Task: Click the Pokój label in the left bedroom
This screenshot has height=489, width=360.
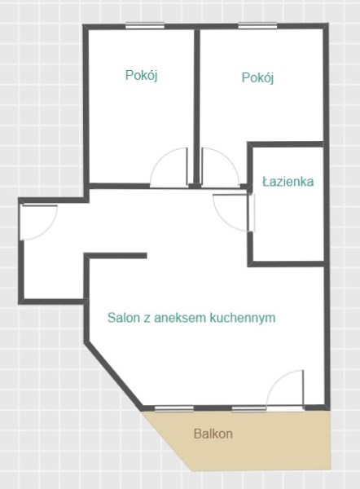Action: [141, 75]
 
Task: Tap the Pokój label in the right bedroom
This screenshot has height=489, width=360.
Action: [257, 77]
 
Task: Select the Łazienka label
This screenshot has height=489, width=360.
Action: [288, 181]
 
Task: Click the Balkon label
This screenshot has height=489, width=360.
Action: [213, 434]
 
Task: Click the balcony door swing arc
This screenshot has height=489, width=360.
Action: [276, 380]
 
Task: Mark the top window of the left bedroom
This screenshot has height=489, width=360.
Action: [145, 25]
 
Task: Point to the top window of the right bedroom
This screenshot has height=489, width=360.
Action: [257, 25]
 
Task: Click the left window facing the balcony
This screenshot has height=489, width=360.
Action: [174, 409]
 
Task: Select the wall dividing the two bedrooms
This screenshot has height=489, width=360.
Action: [197, 108]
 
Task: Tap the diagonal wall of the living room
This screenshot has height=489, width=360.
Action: [114, 375]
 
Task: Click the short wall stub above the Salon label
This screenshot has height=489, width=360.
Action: [116, 256]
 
